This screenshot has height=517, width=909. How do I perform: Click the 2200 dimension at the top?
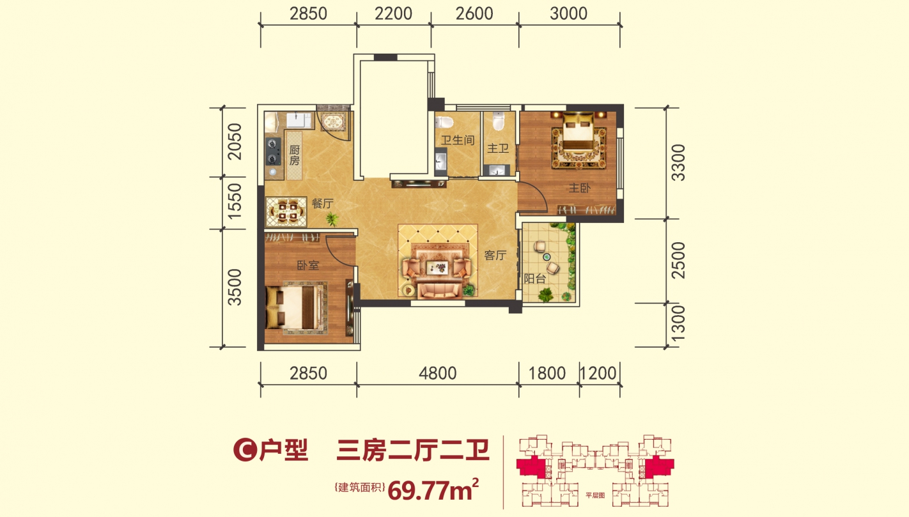pos(393,14)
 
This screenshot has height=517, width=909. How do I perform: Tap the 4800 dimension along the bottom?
pos(437,373)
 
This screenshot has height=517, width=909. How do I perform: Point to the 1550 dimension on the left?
pos(235,201)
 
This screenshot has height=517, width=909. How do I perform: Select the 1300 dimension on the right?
pos(678,325)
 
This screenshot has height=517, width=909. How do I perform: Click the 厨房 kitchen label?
pos(295,155)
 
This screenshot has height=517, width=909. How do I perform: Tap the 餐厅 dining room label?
pos(323,203)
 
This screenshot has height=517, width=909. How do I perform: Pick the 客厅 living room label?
pos(495,255)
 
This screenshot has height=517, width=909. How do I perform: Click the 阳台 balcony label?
pos(535,279)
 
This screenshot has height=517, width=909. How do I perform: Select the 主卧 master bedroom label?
pos(580,188)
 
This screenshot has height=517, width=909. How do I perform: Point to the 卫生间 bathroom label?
pos(458,141)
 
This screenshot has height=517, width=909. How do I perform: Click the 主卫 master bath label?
pos(498,148)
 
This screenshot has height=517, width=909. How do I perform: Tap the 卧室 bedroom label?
pos(308,265)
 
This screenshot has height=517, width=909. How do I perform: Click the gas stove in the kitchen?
pos(273,151)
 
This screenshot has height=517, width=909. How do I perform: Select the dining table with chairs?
pos(286,212)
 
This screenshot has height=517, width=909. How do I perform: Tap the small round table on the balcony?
pos(547,257)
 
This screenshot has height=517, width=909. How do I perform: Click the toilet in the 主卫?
pos(499,121)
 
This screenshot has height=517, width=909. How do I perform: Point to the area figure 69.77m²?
pos(433,490)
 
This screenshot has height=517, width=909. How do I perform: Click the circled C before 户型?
pos(245,450)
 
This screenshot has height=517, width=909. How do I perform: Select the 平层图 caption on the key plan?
pos(595,495)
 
